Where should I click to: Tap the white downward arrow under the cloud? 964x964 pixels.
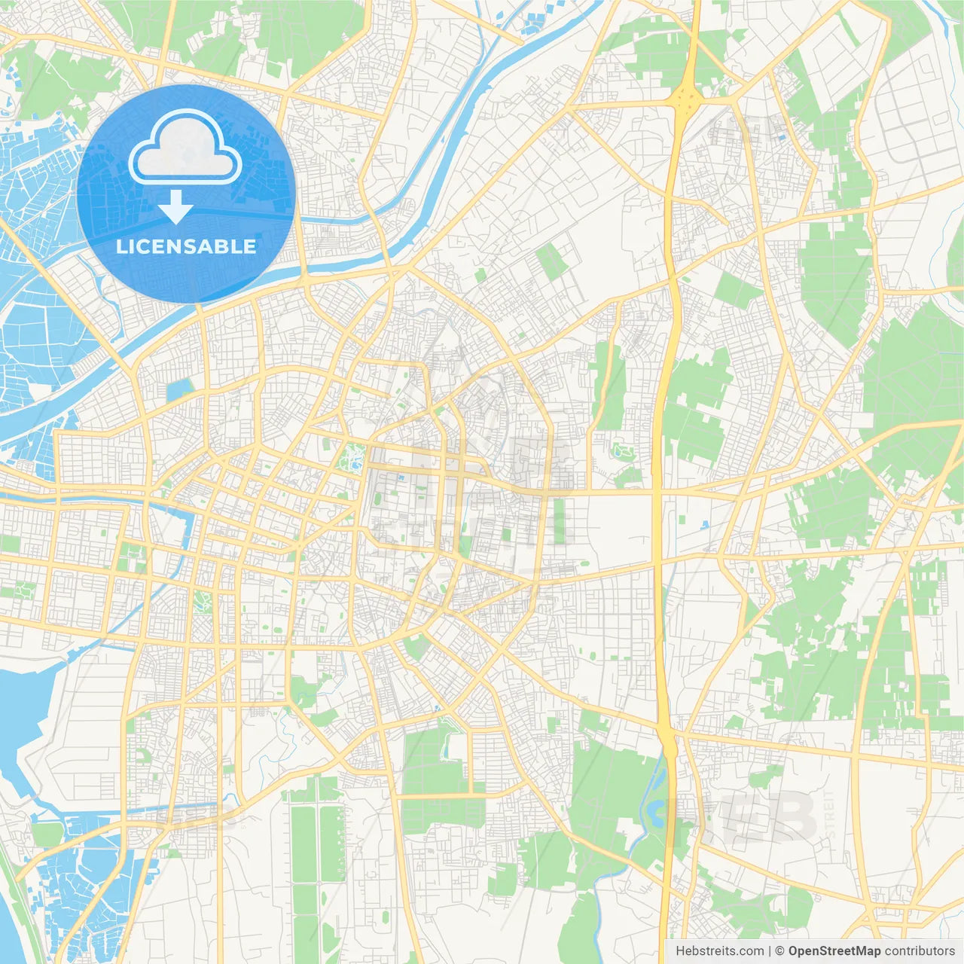point(175,207)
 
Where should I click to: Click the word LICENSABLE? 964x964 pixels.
point(186,246)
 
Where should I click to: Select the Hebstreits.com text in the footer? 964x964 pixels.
point(719,951)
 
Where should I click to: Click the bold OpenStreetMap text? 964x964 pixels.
point(834,951)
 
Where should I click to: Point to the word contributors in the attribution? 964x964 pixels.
point(919,951)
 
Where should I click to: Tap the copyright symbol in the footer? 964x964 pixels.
point(779,951)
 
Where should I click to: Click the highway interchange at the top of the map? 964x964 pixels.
point(685,96)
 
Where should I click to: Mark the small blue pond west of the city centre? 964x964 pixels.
point(179,390)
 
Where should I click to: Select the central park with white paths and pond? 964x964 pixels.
point(351,456)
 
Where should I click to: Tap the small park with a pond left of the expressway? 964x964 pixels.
point(623,452)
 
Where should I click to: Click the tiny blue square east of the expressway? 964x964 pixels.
point(705,524)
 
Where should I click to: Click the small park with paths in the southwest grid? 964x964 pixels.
point(202,600)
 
